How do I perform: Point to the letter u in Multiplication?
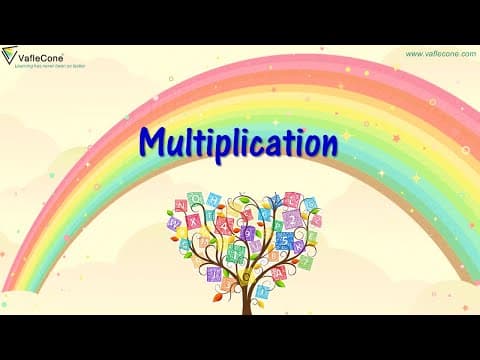tap(176, 145)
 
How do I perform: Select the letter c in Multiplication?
tap(256, 145)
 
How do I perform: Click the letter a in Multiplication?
tap(272, 145)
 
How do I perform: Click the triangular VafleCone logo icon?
tap(10, 56)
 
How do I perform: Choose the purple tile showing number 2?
tap(293, 219)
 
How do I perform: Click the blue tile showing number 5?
tap(284, 239)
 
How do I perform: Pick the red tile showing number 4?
tap(224, 225)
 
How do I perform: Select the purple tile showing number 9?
tap(247, 233)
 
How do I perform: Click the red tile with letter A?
tap(279, 273)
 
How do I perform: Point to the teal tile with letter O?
tap(195, 198)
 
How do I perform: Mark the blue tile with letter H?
tap(213, 198)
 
